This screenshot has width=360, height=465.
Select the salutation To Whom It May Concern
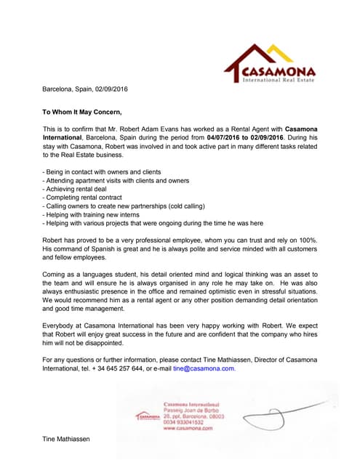click(x=81, y=112)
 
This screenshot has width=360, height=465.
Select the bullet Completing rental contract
click(x=84, y=197)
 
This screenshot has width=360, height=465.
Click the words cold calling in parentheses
click(x=203, y=206)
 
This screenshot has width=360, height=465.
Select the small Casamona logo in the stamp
click(x=148, y=416)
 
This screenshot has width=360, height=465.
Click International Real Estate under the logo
click(x=279, y=80)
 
